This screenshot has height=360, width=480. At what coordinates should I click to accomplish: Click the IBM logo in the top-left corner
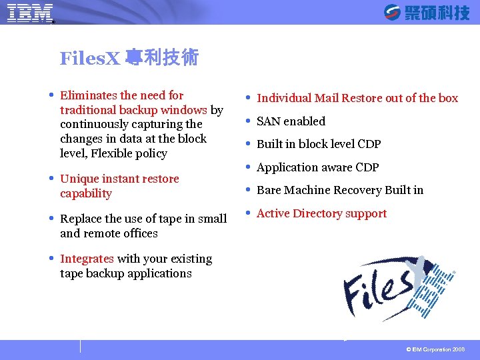[x=31, y=13]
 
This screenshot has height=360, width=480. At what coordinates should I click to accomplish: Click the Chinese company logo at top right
[x=427, y=12]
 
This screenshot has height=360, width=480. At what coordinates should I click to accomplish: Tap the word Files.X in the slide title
[x=89, y=59]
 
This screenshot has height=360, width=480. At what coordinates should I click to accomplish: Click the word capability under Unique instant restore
[x=86, y=193]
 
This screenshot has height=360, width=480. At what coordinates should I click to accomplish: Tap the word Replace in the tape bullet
[x=81, y=219]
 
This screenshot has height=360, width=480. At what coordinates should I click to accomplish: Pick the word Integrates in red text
[x=87, y=259]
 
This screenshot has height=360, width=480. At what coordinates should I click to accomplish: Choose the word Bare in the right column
[x=269, y=190]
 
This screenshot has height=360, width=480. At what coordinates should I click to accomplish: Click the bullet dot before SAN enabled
[x=248, y=121]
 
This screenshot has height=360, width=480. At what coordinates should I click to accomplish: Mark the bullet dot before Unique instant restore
[x=51, y=178]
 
